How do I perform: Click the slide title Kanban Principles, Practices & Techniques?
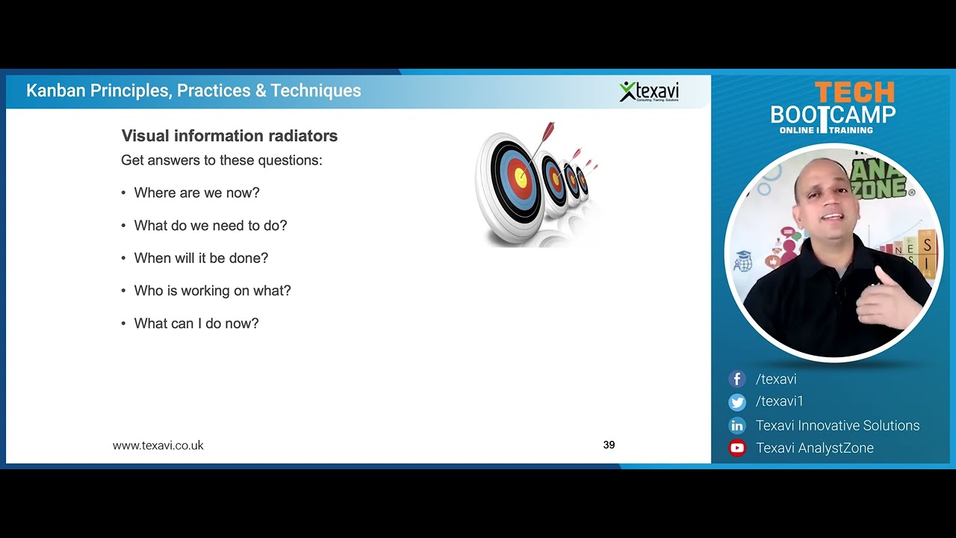tap(193, 91)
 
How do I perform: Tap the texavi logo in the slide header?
tap(648, 91)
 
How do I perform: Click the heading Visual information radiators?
tap(229, 136)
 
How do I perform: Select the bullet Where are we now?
tap(196, 193)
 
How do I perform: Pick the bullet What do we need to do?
tap(210, 226)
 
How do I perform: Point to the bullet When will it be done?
tap(201, 258)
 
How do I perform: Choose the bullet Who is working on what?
tap(212, 291)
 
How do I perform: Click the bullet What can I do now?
tap(196, 324)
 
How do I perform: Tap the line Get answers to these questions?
tap(221, 161)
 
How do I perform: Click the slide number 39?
tap(609, 445)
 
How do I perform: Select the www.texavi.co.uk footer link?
tap(158, 445)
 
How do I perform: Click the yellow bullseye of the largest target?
tap(521, 178)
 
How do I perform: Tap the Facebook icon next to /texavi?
tap(737, 380)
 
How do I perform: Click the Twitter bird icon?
tap(737, 402)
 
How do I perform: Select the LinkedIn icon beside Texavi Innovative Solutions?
tap(737, 426)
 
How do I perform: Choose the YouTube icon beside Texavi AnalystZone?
tap(737, 448)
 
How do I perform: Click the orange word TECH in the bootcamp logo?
tap(854, 93)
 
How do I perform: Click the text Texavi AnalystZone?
tap(814, 448)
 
